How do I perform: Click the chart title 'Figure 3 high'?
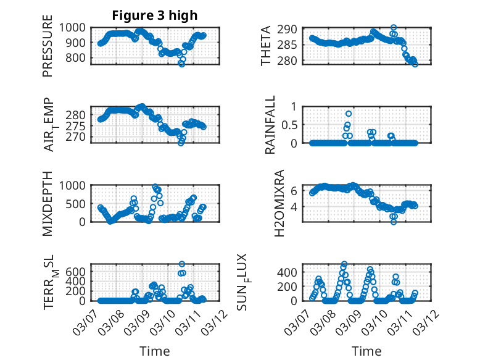(x=154, y=15)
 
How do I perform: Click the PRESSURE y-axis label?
(x=48, y=51)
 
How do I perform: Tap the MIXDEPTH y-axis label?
(x=48, y=204)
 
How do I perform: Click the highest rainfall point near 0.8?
(x=349, y=114)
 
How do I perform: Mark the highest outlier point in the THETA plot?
(x=394, y=28)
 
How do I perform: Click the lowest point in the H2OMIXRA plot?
(x=394, y=221)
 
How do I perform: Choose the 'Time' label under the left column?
(x=154, y=351)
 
